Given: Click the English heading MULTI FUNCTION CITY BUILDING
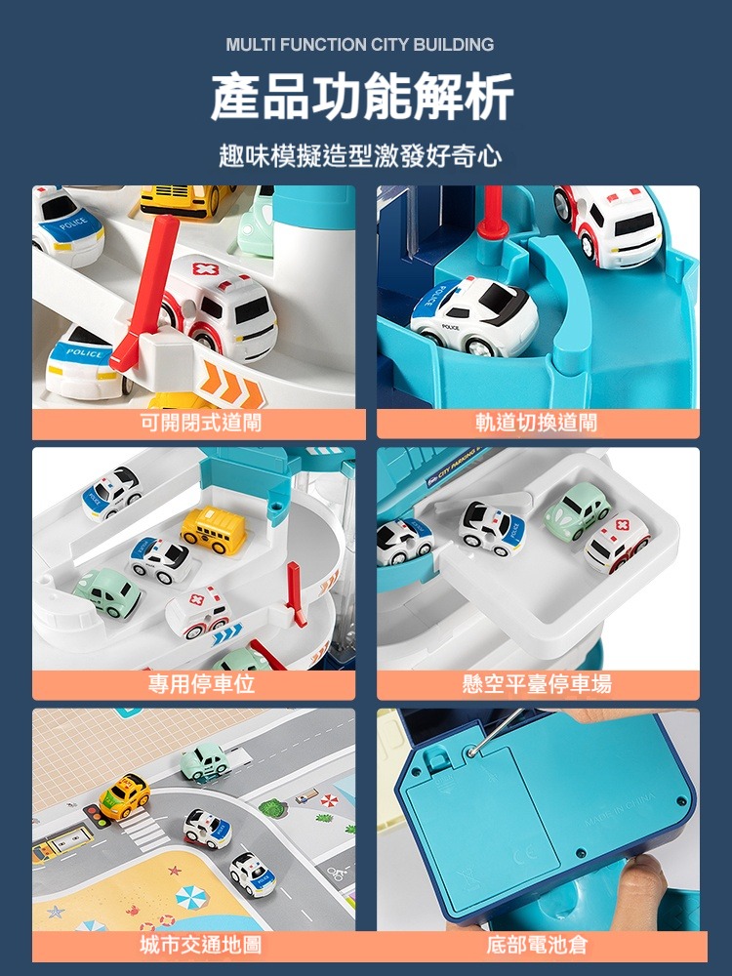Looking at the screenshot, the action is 360,45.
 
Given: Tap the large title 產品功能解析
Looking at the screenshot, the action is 362,97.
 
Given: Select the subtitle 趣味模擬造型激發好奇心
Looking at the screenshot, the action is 360,155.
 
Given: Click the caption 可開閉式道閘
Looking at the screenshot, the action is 200,423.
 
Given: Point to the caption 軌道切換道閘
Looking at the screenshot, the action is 536,423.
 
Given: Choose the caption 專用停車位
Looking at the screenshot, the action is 201,683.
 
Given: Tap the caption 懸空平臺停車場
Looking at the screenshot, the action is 537,683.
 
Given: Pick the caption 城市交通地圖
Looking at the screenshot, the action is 200,945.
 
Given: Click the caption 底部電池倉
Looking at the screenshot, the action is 537,945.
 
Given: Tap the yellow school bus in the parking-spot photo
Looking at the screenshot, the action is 214,529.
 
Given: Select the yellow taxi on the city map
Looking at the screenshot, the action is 125,796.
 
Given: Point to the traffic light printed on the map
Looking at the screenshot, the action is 97,815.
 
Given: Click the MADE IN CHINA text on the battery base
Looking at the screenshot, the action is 620,810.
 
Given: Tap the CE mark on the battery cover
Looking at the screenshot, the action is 526,857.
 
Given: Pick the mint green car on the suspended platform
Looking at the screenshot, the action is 578,510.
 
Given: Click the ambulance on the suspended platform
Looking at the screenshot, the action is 617,542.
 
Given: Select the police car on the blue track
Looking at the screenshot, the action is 474,316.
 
